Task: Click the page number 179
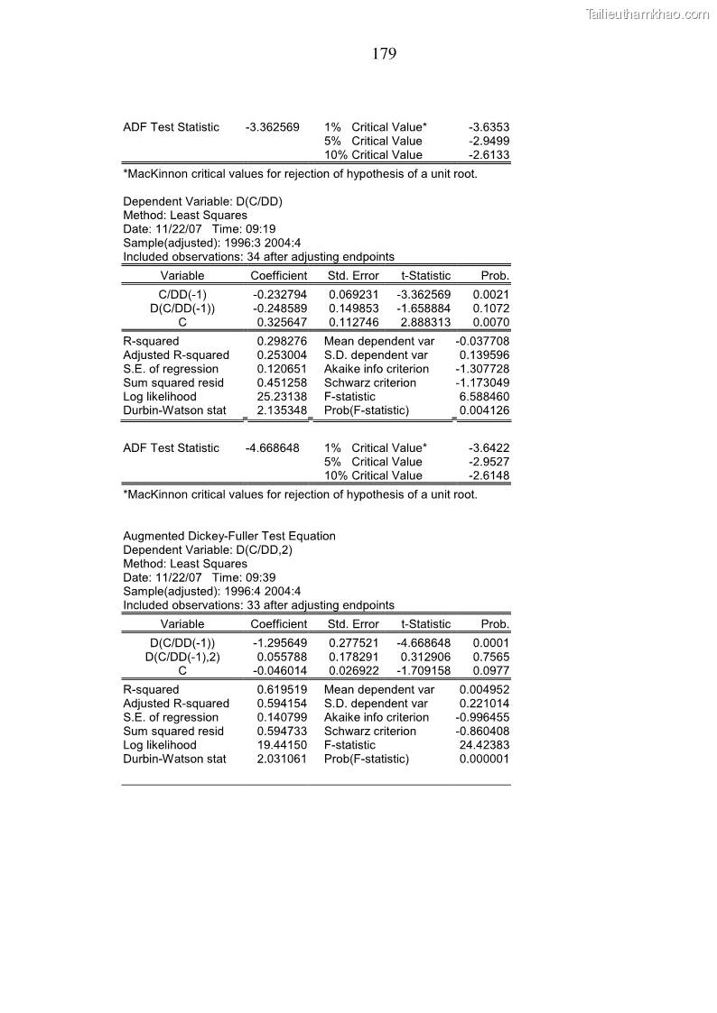384,54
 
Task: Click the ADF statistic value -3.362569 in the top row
273,127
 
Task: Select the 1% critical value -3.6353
489,127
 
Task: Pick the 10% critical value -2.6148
489,475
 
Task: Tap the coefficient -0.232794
280,295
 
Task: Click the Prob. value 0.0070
491,322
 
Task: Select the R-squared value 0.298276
282,342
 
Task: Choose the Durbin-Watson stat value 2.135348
282,410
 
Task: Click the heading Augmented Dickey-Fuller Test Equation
229,536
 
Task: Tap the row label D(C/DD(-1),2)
182,658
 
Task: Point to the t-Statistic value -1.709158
424,671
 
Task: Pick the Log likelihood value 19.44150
282,746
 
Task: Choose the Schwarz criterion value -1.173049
482,383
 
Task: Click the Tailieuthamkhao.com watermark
647,14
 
